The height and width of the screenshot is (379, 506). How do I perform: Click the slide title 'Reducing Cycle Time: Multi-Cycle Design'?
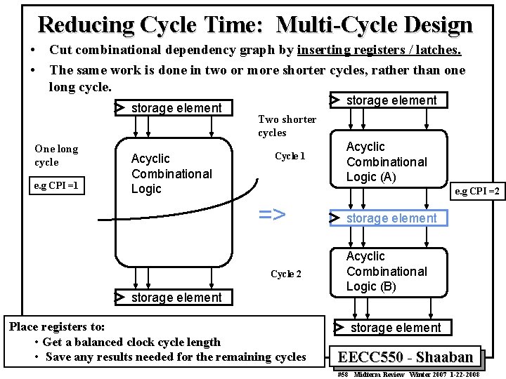point(255,25)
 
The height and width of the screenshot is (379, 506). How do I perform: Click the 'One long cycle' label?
point(56,155)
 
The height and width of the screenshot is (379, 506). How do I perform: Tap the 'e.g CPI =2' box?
point(477,191)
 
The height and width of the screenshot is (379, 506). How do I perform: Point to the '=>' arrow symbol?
point(272,214)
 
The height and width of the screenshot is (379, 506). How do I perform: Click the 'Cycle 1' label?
point(290,156)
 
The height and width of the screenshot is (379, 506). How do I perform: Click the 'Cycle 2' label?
point(286,274)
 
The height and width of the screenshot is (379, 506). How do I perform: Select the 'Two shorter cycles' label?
point(277,126)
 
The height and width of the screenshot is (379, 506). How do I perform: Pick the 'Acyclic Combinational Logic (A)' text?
point(387,162)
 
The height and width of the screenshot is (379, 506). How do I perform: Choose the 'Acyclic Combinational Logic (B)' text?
point(387,272)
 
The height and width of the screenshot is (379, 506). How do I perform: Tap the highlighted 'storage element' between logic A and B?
point(391,218)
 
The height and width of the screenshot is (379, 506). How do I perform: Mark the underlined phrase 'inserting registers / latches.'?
point(379,50)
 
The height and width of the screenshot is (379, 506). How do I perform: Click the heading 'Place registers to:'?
point(57,326)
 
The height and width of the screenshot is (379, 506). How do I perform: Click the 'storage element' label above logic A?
point(391,100)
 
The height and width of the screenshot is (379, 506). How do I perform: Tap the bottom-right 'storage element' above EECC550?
point(395,328)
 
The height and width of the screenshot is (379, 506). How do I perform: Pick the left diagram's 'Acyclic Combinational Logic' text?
point(171,173)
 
